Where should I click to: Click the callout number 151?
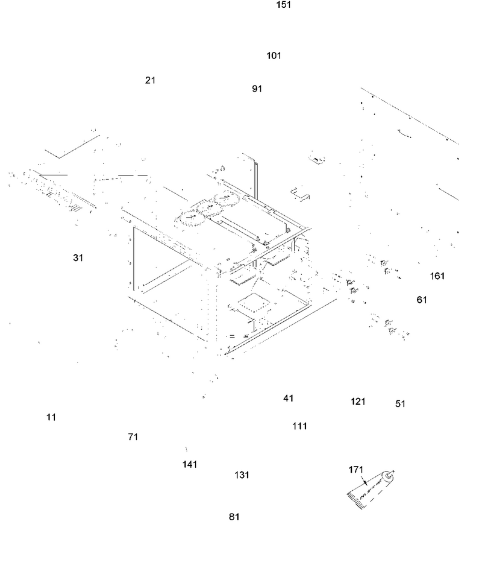tap(283, 5)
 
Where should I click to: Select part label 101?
tap(274, 56)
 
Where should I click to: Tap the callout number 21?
tap(150, 80)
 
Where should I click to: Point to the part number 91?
tap(257, 89)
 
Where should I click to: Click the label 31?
tap(78, 257)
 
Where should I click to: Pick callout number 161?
tap(437, 276)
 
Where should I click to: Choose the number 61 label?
tap(422, 300)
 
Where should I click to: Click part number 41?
tap(289, 399)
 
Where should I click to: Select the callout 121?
tap(358, 402)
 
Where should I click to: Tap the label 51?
tap(400, 404)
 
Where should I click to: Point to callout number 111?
tap(299, 426)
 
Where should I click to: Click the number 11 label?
tap(51, 418)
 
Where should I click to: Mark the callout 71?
tap(133, 437)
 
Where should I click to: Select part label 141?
tap(190, 464)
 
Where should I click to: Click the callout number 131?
tap(242, 475)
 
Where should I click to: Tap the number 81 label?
tap(234, 517)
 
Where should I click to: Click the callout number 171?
tap(355, 470)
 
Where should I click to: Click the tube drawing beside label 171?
tap(371, 490)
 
